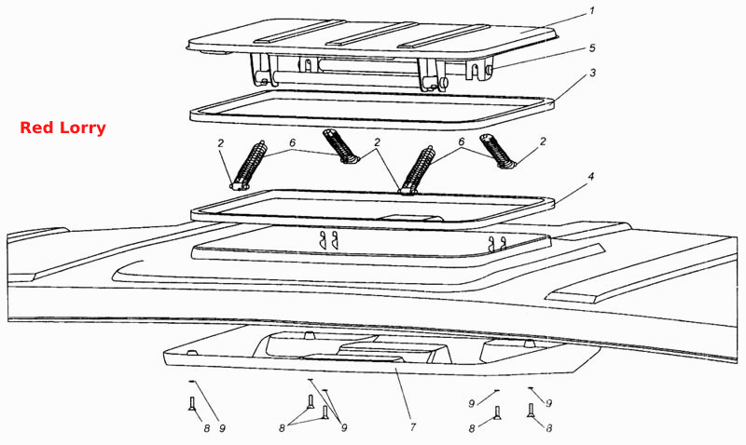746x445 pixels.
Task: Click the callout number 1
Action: tap(592, 10)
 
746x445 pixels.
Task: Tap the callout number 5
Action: tap(592, 48)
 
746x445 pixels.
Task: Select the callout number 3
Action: tap(592, 73)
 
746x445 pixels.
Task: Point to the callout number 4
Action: tap(591, 177)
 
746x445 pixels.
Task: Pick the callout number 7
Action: tap(412, 427)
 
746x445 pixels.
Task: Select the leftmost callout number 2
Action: tap(221, 142)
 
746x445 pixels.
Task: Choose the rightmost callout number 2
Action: tap(543, 142)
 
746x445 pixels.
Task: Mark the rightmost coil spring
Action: tap(497, 151)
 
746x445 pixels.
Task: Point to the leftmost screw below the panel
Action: tap(192, 404)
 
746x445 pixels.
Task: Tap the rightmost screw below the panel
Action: tap(531, 411)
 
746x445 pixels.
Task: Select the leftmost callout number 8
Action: tap(206, 428)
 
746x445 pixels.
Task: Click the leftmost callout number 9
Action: tap(222, 428)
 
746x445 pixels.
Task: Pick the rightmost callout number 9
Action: tap(548, 403)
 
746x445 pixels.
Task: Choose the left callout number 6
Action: tap(292, 142)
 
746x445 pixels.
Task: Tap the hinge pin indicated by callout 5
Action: tap(489, 70)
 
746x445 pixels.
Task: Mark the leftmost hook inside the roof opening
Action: tap(323, 240)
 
